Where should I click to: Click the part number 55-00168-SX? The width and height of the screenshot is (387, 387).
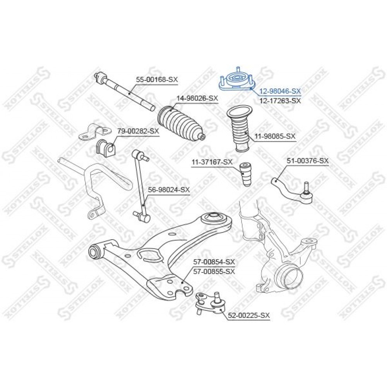157,79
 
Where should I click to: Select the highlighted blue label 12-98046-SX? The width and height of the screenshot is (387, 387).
280,91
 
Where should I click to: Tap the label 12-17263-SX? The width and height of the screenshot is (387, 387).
280,101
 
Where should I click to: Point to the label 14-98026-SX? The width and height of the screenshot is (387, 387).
197,98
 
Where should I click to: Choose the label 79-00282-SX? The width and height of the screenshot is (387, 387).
138,131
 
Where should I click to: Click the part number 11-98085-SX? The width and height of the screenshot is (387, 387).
274,136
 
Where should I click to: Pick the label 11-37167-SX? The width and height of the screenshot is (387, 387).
212,162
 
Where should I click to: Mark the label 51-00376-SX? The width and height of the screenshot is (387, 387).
308,161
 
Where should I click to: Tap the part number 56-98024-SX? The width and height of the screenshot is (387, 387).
169,190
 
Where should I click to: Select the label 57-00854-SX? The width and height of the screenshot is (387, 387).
214,262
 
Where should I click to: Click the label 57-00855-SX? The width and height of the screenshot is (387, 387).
214,272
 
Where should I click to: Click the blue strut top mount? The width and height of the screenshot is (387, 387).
237,80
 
